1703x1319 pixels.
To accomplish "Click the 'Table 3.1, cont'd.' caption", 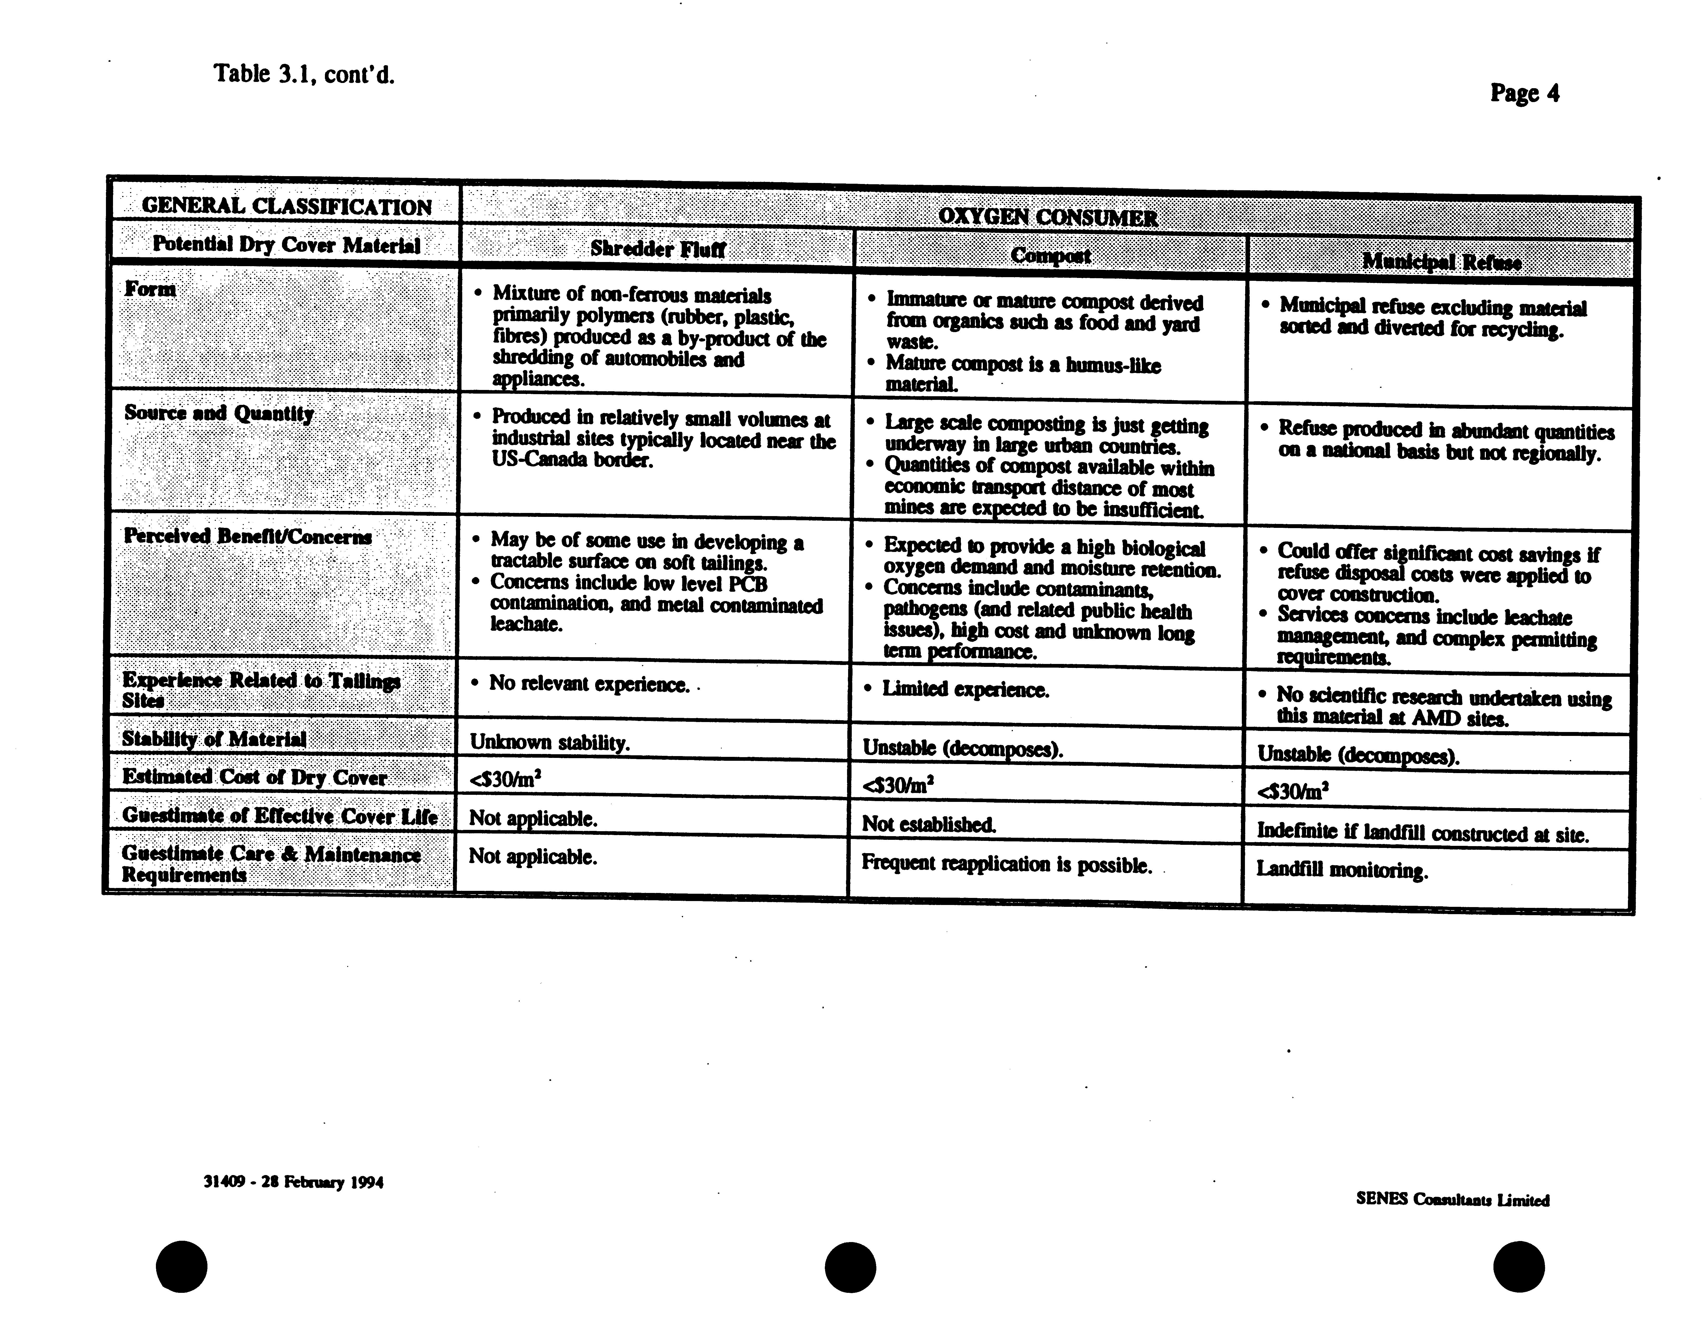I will pos(304,75).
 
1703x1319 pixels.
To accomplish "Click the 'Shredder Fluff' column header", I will pos(657,249).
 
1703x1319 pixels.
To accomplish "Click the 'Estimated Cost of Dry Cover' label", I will pos(254,777).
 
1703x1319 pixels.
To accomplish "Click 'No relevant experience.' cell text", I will pos(589,684).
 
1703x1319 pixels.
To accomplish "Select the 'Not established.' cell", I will pos(928,824).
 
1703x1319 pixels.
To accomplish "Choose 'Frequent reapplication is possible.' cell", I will pos(1006,864).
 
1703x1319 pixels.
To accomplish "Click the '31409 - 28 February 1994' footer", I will pos(293,1182).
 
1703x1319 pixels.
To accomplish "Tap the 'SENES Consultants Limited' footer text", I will pos(1452,1200).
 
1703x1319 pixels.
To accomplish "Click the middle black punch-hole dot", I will pos(850,1267).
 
